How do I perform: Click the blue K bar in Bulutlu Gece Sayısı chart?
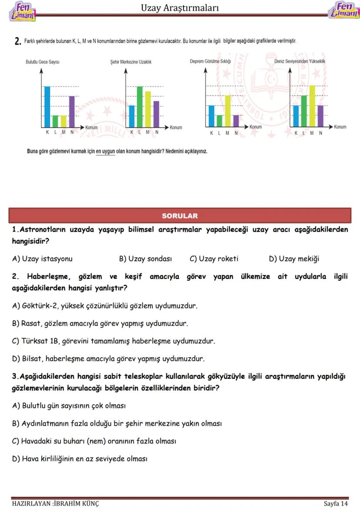click(47, 106)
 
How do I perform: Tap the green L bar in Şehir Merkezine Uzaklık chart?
click(140, 106)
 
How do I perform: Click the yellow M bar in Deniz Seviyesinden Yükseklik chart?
click(312, 105)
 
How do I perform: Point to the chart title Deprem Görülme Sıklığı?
click(210, 61)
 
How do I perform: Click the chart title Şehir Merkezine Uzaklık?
click(131, 62)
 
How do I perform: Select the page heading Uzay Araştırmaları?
click(180, 8)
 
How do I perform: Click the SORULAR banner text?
click(180, 216)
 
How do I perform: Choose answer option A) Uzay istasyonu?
click(42, 259)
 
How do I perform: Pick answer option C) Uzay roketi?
click(214, 259)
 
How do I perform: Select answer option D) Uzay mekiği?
click(294, 259)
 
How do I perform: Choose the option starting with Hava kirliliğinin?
click(80, 459)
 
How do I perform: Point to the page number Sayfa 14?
click(336, 504)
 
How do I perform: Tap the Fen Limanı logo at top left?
click(22, 10)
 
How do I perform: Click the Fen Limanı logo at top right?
click(343, 10)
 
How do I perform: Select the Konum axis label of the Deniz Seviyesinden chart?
click(340, 127)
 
